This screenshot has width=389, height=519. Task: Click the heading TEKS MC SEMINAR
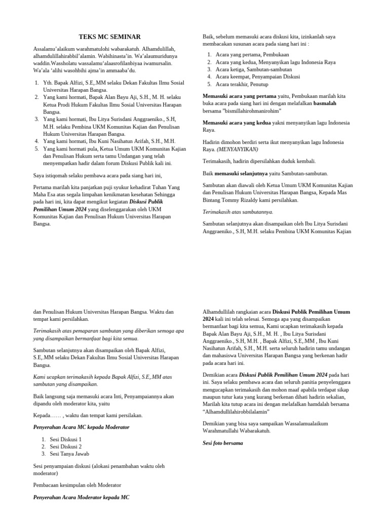coord(109,37)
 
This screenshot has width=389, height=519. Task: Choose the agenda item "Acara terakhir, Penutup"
coord(242,84)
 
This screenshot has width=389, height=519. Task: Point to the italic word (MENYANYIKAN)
coord(238,150)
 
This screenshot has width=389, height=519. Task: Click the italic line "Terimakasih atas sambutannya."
coord(238,212)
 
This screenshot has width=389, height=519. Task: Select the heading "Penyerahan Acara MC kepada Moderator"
coord(81,427)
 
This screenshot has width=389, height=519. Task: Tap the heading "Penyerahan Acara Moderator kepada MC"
coord(81,497)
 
